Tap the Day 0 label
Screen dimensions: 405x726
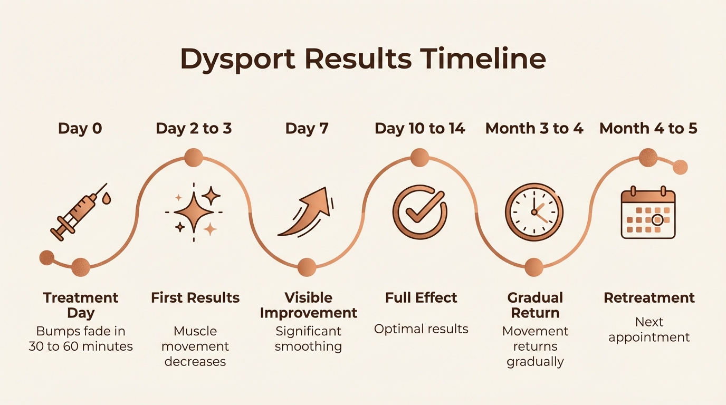[80, 128]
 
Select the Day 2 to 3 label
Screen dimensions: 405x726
[194, 128]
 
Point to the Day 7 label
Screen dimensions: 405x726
[307, 128]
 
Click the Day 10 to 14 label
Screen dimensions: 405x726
[420, 128]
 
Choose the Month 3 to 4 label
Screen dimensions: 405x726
[534, 128]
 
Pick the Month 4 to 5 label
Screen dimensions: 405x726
[648, 128]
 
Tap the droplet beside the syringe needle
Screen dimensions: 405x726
[108, 199]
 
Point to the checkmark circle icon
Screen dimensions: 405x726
[419, 212]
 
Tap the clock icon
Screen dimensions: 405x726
[534, 212]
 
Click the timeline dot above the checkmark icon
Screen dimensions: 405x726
[419, 157]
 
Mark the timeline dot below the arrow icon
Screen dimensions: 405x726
[307, 267]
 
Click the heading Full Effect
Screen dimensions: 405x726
[421, 297]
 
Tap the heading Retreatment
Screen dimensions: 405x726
[649, 297]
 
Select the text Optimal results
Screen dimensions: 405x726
[421, 329]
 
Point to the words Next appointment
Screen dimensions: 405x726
[649, 330]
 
